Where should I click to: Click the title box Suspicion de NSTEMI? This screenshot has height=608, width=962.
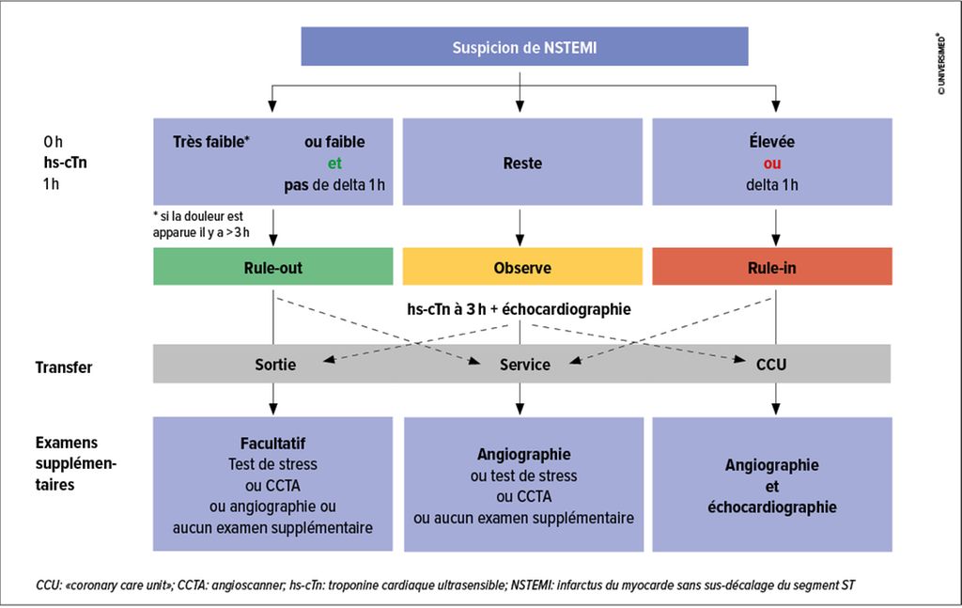(x=524, y=46)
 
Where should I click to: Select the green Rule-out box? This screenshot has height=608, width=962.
(x=272, y=267)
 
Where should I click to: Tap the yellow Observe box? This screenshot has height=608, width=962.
(x=522, y=267)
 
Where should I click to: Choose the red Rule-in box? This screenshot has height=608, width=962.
(x=772, y=267)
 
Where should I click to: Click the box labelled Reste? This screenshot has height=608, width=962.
(x=522, y=164)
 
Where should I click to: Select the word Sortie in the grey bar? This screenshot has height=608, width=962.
(x=274, y=364)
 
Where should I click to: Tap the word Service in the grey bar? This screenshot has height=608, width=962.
(x=524, y=364)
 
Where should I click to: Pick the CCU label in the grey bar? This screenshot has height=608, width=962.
(x=770, y=364)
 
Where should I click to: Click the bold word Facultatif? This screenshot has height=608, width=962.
(x=272, y=442)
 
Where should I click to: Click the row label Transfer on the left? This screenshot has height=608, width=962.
(x=64, y=367)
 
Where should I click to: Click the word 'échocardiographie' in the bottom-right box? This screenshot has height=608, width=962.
(x=772, y=507)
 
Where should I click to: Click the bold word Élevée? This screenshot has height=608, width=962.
(x=771, y=142)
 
